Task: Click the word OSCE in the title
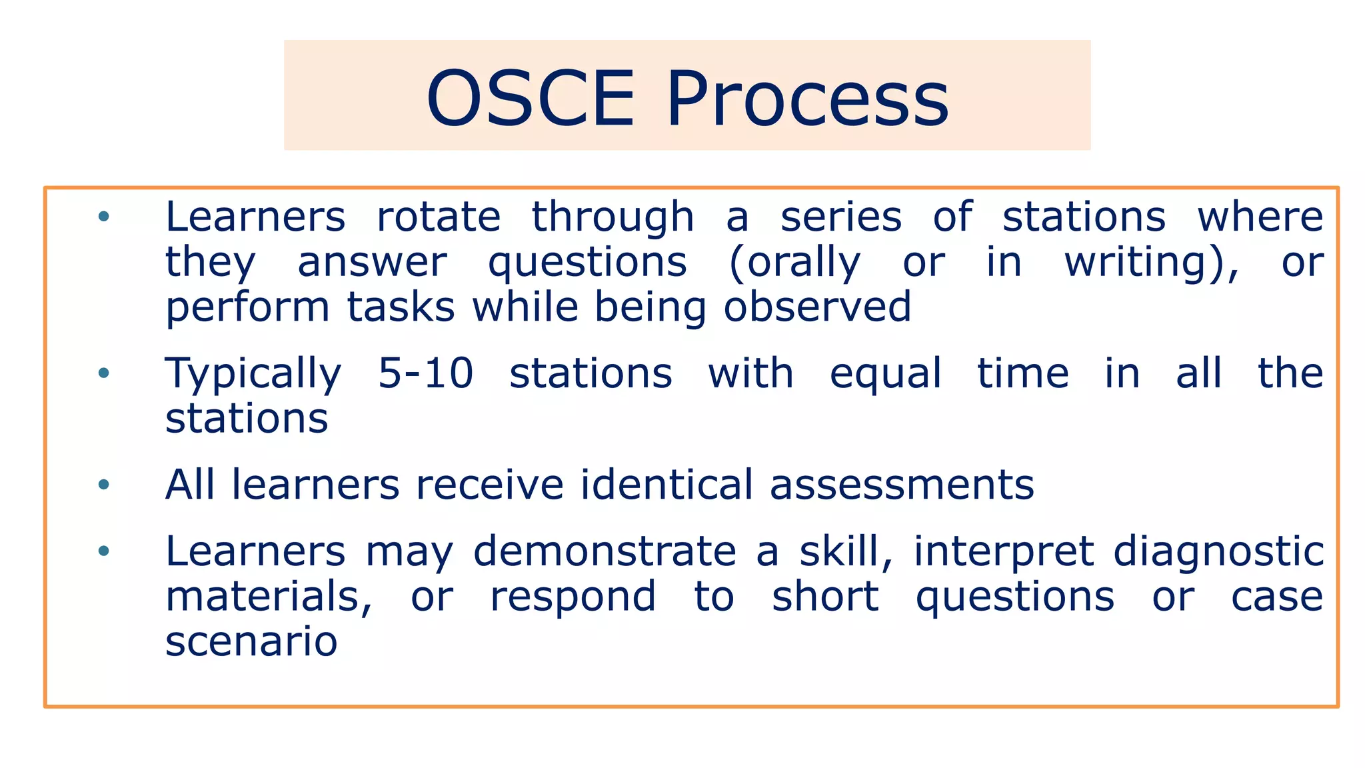tap(531, 99)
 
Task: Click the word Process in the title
tap(807, 99)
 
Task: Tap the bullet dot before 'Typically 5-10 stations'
tap(103, 373)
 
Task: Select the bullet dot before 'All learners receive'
tap(103, 484)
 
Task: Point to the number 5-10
tap(425, 373)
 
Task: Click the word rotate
tap(439, 217)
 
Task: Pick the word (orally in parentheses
tap(794, 262)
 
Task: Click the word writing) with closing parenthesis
tap(1152, 262)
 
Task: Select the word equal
tap(886, 373)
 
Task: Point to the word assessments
tap(902, 485)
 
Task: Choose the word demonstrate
tap(605, 551)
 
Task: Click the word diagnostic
tap(1218, 552)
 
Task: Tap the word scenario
tap(251, 641)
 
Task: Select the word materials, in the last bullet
tap(269, 596)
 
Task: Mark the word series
tap(841, 217)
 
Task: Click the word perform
tap(247, 308)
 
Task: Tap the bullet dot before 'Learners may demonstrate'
tap(103, 551)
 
